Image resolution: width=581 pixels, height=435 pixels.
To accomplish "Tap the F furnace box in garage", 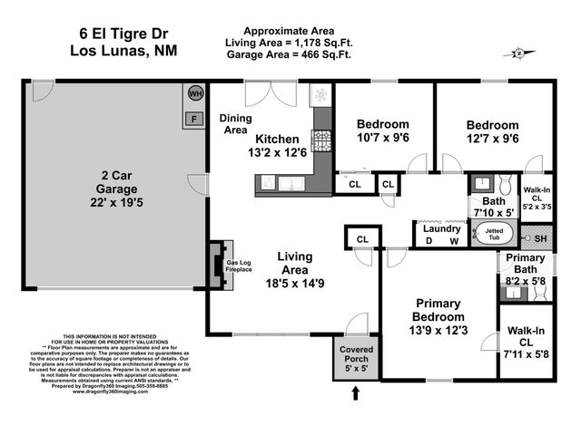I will click(193, 117).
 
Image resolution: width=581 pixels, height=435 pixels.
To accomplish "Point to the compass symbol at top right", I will click(518, 53).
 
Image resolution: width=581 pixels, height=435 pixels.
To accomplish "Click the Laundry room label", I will click(441, 228).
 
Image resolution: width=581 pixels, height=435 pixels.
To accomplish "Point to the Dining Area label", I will click(237, 124).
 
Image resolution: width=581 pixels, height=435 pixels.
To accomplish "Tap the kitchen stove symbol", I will click(323, 140).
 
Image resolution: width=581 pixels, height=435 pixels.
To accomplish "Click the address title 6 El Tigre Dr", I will click(123, 33).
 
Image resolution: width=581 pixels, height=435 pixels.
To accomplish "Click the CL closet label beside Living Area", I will click(362, 239).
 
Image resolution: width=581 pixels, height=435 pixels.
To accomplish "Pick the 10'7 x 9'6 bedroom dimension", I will click(382, 139).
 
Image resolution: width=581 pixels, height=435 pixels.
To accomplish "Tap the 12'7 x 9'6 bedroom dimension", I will click(493, 140).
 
